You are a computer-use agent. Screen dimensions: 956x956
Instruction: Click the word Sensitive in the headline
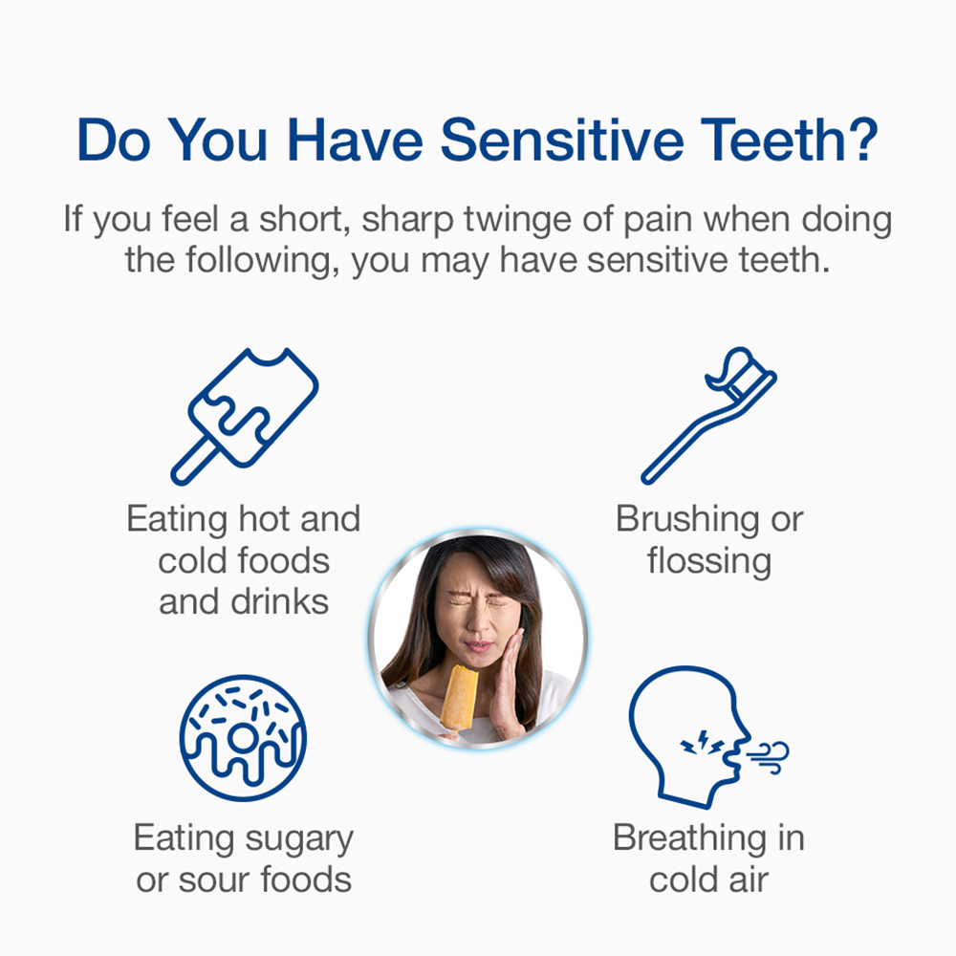561,141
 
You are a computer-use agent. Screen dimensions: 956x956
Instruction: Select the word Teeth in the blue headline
769,141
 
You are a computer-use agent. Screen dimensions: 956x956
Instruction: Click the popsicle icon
244,417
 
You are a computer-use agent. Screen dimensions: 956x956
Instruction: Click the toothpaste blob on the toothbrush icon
731,368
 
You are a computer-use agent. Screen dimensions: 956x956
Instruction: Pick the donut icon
243,738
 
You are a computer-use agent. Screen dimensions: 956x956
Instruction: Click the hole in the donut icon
242,738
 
